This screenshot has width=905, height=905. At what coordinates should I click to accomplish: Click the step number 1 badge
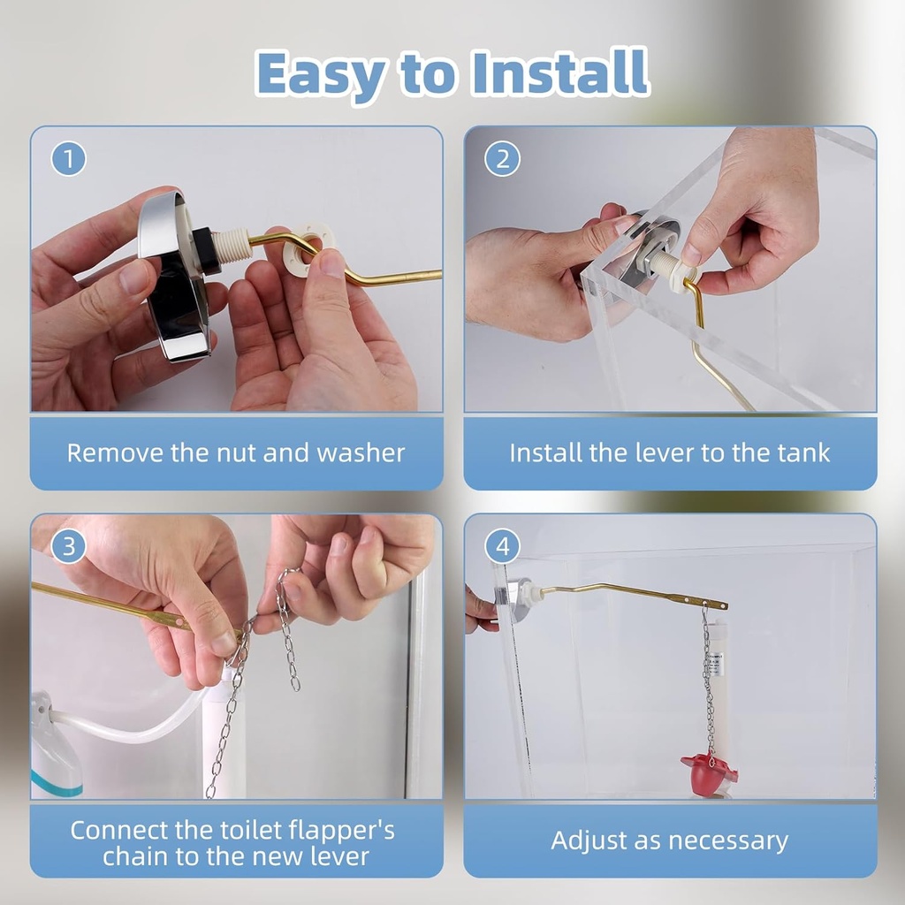coord(69,160)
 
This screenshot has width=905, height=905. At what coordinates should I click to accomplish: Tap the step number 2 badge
coord(502,160)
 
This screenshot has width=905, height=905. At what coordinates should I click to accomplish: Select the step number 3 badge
coord(69,547)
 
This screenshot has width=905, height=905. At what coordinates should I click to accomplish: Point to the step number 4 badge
coord(502,547)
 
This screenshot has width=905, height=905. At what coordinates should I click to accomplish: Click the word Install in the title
coord(559,72)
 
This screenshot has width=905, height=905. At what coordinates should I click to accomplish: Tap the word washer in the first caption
coord(361,453)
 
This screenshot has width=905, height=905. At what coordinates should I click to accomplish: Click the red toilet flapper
coord(709,772)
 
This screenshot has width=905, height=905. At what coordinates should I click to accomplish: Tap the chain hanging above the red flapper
coord(708,681)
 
